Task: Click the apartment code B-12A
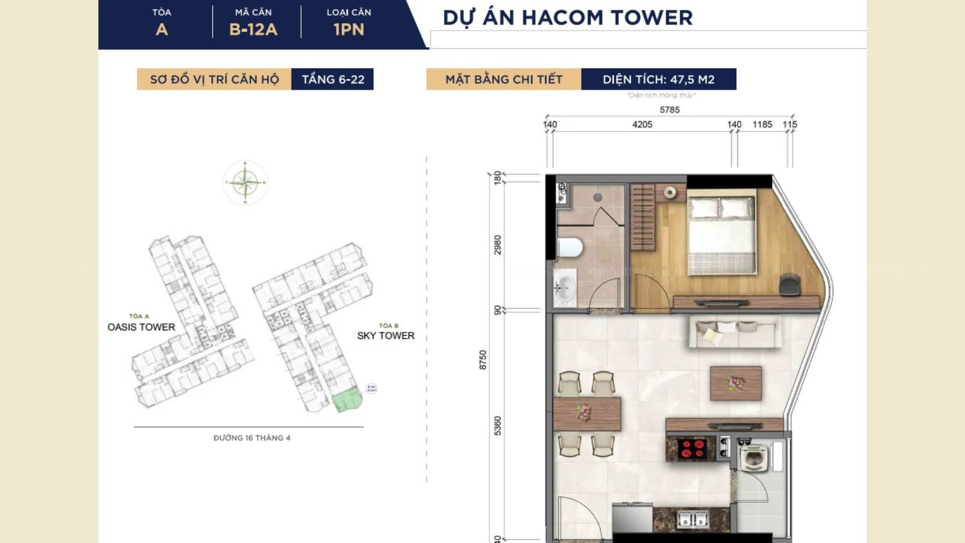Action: point(253,29)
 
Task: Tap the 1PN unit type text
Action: point(349,29)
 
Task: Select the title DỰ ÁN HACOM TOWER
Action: point(567,18)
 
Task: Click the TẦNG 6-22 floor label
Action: point(333,79)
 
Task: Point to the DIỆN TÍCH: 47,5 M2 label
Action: point(658,79)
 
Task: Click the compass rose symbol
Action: point(245,183)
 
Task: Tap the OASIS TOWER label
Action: point(141,327)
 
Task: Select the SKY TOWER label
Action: point(385,335)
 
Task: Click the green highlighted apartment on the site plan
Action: point(346,400)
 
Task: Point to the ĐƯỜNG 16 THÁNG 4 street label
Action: point(252,438)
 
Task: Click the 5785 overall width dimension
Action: point(669,110)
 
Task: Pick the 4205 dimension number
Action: point(642,124)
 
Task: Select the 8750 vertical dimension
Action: point(483,360)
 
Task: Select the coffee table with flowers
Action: point(736,384)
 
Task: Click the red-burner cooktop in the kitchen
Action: point(692,448)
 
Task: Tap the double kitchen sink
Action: point(693,519)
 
